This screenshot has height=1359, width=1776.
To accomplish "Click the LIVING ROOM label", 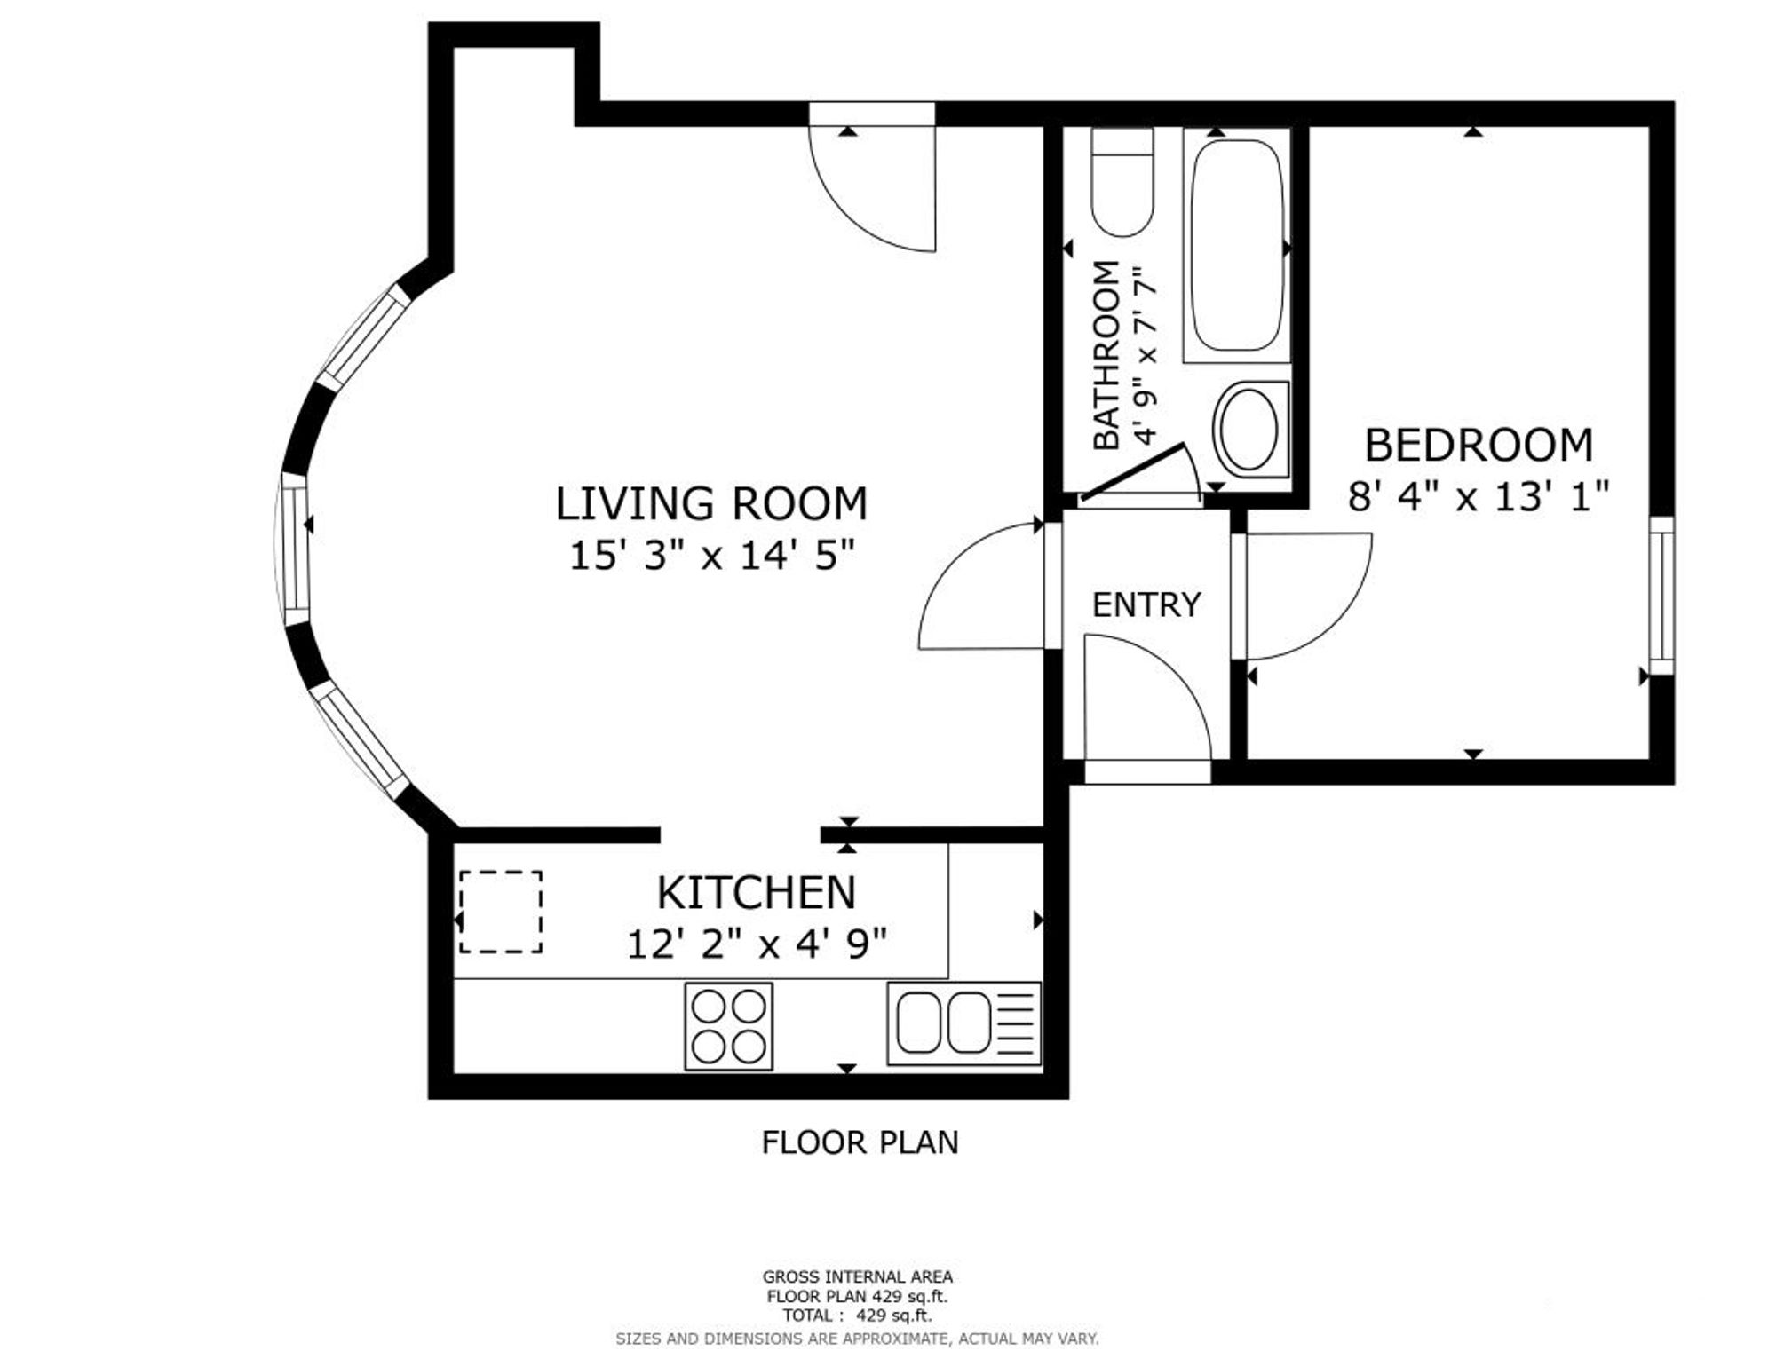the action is [711, 503].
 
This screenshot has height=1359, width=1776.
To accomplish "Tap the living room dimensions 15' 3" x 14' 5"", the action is [711, 557].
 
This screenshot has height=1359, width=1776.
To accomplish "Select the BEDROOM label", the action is [1479, 445].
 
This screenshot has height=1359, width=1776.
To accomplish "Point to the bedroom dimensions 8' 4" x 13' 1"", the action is [1479, 496].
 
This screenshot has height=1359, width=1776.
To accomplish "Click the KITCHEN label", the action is [757, 892].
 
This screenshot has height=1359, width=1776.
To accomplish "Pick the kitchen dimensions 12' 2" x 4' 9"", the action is [757, 944].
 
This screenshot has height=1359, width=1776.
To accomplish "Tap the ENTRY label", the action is [1146, 604].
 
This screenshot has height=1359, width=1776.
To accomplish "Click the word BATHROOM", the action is [1106, 355].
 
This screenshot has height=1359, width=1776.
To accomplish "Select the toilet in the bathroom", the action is [1122, 182].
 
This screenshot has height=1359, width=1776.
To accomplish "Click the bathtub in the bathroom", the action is [1237, 245].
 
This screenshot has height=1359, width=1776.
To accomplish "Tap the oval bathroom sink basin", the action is [1249, 429].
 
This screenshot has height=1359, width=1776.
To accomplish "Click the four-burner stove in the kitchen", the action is [728, 1026].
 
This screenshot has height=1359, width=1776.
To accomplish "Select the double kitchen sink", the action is [963, 1023].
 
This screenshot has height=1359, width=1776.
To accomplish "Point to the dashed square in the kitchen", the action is [501, 913].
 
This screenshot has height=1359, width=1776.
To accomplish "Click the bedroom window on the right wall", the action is [1661, 596].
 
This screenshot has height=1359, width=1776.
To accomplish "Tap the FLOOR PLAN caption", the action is [860, 1142].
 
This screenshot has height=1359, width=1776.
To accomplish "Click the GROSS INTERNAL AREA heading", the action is [858, 1276].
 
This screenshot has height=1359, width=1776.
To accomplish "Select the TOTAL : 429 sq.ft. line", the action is [858, 1316].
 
